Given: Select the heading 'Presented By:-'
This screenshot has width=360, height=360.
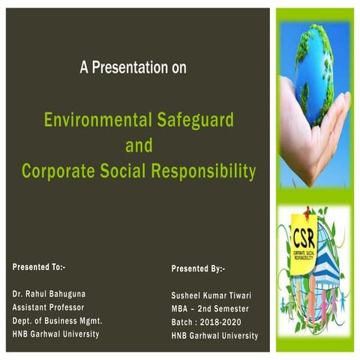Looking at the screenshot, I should coord(198,268).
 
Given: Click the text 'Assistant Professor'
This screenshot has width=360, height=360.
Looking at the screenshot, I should coord(48,307).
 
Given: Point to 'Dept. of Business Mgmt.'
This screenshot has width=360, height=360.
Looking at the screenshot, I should coord(57,320).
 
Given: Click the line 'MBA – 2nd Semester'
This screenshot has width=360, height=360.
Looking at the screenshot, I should coord(210,309).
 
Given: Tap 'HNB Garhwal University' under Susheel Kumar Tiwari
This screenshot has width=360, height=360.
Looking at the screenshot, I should coord(214,335).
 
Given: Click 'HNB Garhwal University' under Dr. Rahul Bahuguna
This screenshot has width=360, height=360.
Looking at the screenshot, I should coord(55,334).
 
